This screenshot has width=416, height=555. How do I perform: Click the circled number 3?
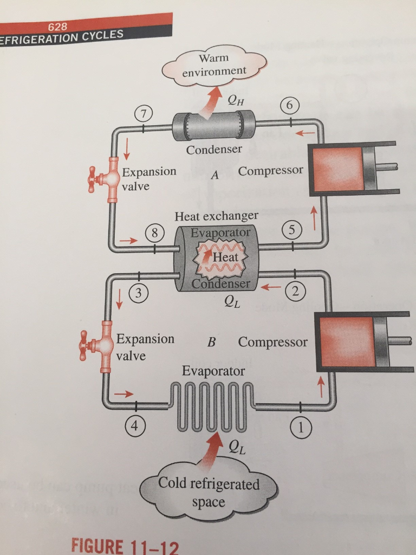[139, 294]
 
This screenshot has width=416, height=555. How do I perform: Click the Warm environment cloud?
[214, 64]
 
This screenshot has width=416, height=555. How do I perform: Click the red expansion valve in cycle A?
[109, 179]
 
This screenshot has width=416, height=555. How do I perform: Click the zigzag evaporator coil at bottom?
[210, 408]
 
